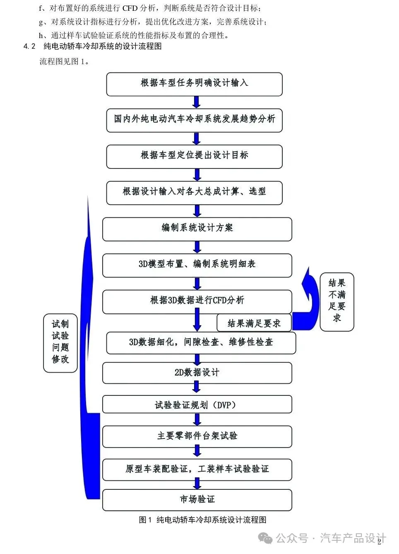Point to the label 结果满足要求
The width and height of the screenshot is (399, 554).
click(254, 323)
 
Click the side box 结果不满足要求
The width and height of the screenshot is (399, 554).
click(337, 301)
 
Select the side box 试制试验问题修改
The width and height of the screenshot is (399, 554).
click(60, 342)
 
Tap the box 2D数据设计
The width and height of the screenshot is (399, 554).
click(197, 373)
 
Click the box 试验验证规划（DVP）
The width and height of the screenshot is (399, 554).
click(197, 405)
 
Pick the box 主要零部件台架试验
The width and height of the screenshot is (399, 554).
click(197, 436)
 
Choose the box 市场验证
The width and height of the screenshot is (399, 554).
click(197, 499)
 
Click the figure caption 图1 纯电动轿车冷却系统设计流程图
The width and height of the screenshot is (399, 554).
click(202, 520)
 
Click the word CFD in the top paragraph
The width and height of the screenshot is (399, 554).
click(130, 8)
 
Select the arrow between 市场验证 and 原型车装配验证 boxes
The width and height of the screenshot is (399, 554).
click(197, 483)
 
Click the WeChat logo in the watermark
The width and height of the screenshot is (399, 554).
click(265, 538)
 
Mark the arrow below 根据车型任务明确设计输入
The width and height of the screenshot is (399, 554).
click(197, 102)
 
